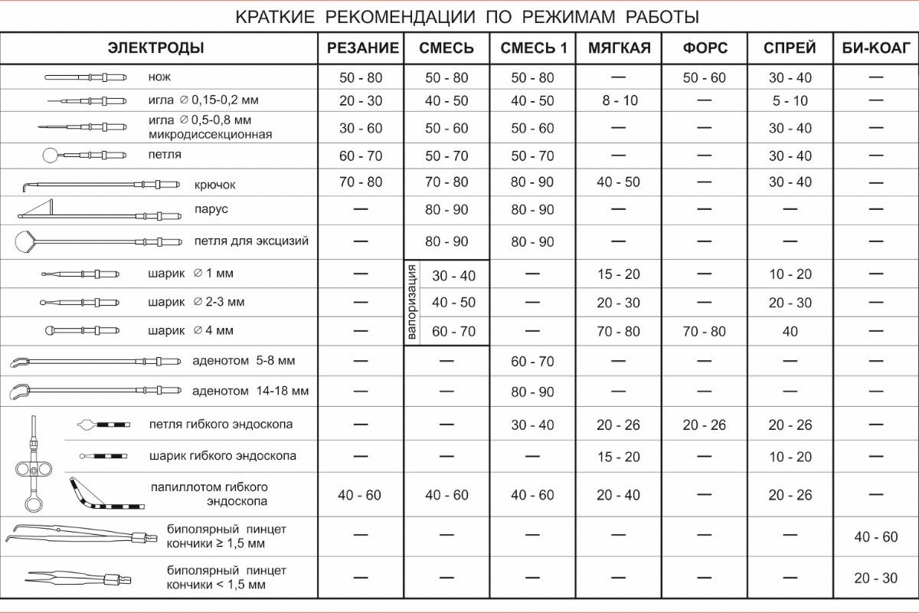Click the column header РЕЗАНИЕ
click(x=363, y=48)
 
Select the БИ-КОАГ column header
click(x=875, y=48)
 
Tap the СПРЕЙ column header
click(x=790, y=48)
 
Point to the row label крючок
click(x=215, y=185)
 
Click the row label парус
click(x=211, y=209)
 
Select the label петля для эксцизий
click(x=251, y=241)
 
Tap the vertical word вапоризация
click(x=412, y=302)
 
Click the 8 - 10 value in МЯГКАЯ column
click(x=619, y=101)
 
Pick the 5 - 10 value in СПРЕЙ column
click(x=790, y=101)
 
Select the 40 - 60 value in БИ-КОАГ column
click(x=875, y=537)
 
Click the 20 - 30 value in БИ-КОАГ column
click(x=875, y=579)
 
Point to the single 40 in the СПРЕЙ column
click(x=790, y=332)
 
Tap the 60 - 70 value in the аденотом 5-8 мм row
click(x=532, y=361)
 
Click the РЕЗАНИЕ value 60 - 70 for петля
click(x=361, y=156)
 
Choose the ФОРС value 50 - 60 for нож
click(x=704, y=78)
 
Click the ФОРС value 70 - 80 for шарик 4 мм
click(x=704, y=332)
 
